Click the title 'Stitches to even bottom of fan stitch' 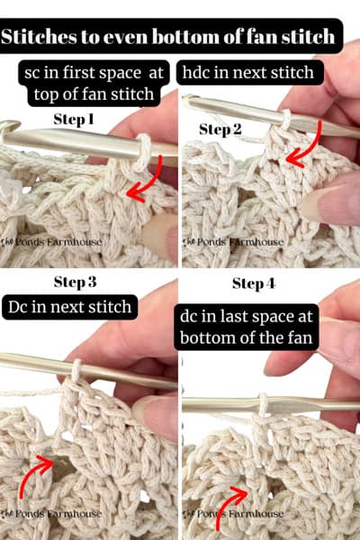click(x=180, y=39)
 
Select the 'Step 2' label click(x=220, y=129)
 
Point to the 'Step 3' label click(x=86, y=282)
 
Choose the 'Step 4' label click(x=259, y=283)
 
